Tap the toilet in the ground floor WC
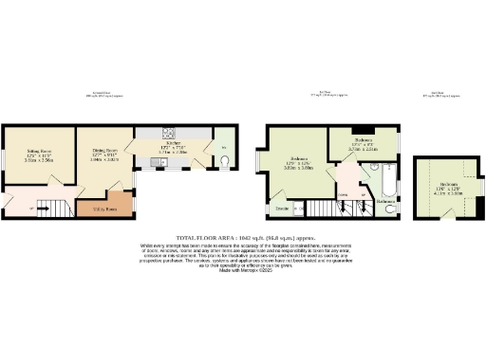(223, 160)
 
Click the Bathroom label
(385, 201)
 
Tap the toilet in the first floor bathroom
(390, 208)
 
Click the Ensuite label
(282, 207)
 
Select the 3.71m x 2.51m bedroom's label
(363, 141)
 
